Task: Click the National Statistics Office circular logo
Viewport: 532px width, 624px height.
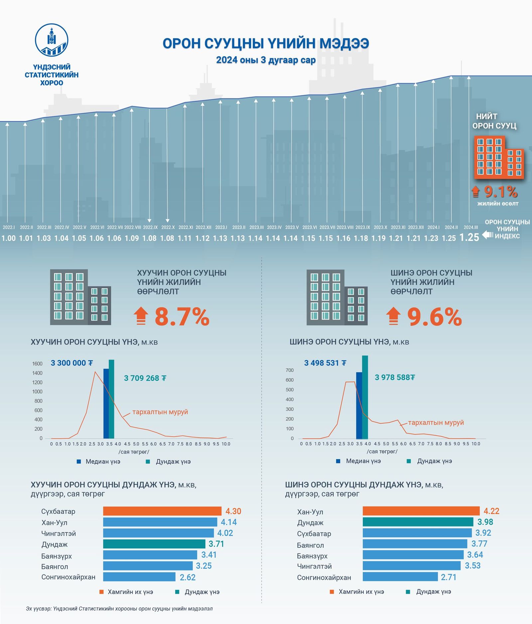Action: pyautogui.click(x=52, y=40)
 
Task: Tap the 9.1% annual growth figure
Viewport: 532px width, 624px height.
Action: pyautogui.click(x=500, y=192)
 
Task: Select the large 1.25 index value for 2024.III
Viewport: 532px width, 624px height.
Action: pyautogui.click(x=469, y=237)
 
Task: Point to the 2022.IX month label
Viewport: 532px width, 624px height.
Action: pyautogui.click(x=150, y=227)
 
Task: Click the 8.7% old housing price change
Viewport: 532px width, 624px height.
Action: pyautogui.click(x=182, y=317)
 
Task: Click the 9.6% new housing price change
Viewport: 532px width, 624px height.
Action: pyautogui.click(x=435, y=317)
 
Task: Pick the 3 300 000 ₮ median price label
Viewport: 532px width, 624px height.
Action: pyautogui.click(x=72, y=363)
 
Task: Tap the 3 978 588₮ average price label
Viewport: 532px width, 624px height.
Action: pyautogui.click(x=395, y=377)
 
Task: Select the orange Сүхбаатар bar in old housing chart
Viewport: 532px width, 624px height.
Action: pyautogui.click(x=162, y=511)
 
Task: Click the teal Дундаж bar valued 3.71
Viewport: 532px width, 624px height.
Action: pyautogui.click(x=154, y=544)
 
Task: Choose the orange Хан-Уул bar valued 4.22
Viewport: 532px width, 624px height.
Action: pyautogui.click(x=421, y=511)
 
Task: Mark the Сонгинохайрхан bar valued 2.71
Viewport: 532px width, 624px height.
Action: pyautogui.click(x=400, y=577)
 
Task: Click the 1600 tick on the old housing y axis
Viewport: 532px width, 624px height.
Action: pyautogui.click(x=38, y=364)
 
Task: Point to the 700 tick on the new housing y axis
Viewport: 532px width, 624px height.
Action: pyautogui.click(x=290, y=370)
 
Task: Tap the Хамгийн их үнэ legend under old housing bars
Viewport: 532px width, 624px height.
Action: pyautogui.click(x=126, y=592)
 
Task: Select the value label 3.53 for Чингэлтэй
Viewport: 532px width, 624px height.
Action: pyautogui.click(x=472, y=566)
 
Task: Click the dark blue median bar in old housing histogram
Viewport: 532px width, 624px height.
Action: pyautogui.click(x=106, y=404)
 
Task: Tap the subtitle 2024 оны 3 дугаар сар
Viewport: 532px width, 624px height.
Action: pyautogui.click(x=266, y=60)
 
